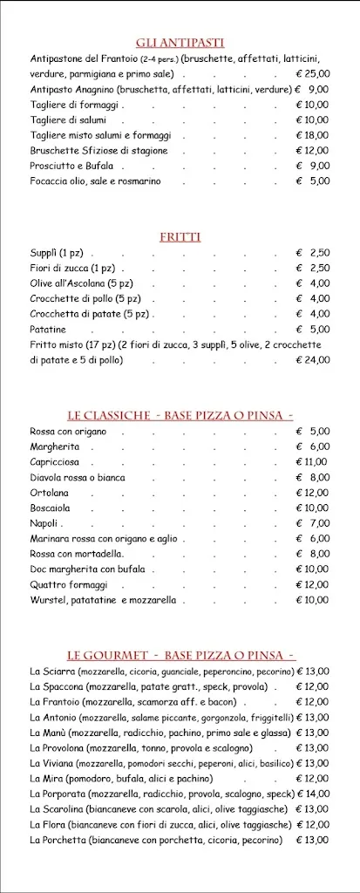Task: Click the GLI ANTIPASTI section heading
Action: tap(180, 43)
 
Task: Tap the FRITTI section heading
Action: tap(180, 236)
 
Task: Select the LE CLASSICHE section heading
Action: tap(180, 415)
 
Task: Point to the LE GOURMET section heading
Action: tap(180, 655)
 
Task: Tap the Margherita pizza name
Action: tap(55, 446)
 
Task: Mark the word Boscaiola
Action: tap(51, 508)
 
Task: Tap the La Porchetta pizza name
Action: tap(58, 840)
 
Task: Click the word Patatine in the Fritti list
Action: tap(48, 329)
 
